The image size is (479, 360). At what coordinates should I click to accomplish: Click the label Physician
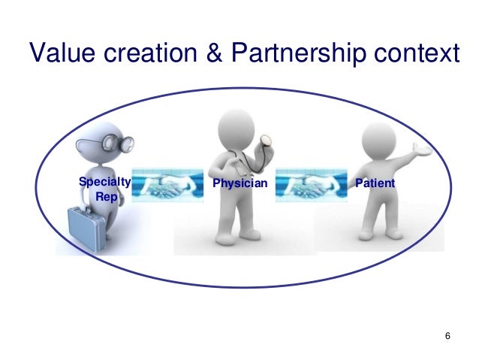239,183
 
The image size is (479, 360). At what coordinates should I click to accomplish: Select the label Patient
376,183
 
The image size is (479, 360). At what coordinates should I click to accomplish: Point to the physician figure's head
239,128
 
